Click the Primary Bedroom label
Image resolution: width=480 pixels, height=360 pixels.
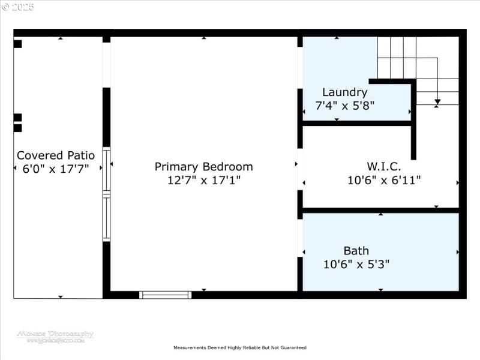tap(203, 167)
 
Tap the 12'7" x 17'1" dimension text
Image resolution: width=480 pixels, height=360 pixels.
tap(203, 180)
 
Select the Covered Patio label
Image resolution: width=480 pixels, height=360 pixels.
tap(55, 155)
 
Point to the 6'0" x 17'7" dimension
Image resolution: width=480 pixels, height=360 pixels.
tap(55, 169)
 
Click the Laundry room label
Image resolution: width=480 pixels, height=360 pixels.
tap(344, 92)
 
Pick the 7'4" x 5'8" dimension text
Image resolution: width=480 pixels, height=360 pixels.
tap(344, 106)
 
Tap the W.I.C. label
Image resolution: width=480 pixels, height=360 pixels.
tap(383, 166)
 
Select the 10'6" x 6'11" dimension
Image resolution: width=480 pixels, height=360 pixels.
tap(383, 179)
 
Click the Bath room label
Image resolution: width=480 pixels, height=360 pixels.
tap(356, 251)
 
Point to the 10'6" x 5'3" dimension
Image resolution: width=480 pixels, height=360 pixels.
tap(356, 264)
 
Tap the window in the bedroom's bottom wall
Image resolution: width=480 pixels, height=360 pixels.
tap(165, 295)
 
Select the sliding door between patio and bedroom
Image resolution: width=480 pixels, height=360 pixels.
tap(106, 194)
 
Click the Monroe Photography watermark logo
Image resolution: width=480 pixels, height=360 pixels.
tap(55, 336)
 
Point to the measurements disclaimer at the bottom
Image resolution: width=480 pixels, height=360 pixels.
tap(239, 348)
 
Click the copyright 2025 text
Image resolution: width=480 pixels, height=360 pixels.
tap(18, 7)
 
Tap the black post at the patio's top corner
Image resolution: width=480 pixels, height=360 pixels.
tap(17, 44)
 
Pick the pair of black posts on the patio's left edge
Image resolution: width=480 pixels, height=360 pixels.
tap(17, 122)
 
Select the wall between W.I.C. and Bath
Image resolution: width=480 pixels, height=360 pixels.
tap(380, 211)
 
